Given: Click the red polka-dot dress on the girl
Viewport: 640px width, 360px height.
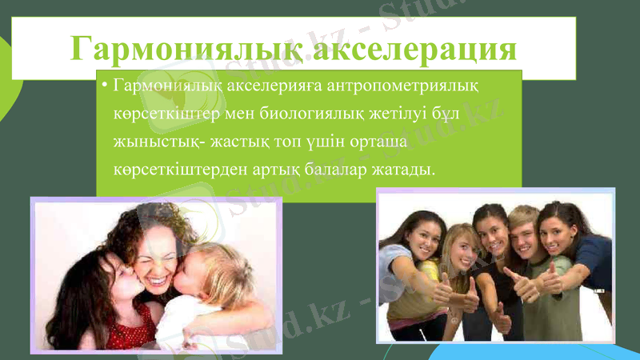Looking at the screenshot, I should click(x=128, y=328).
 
